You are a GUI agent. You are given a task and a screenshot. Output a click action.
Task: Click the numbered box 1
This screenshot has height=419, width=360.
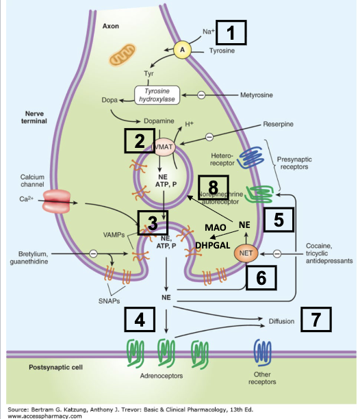tap(235, 33)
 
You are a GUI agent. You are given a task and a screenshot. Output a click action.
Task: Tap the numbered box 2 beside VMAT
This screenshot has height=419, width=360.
tap(139, 142)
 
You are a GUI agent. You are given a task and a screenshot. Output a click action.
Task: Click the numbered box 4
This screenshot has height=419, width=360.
tap(139, 318)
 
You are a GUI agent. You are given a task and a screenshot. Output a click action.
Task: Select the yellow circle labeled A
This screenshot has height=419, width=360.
tap(182, 49)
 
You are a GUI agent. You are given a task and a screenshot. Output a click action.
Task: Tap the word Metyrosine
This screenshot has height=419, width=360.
tap(257, 94)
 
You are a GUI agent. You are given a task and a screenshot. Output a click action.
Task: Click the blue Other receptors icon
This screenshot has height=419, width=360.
tap(261, 352)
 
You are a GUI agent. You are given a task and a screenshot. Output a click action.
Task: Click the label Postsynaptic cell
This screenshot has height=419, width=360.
tap(55, 368)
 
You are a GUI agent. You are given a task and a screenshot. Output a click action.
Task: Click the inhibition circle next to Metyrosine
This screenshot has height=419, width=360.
tap(202, 94)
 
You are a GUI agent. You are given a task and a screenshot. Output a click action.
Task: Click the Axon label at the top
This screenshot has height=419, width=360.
tap(110, 25)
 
